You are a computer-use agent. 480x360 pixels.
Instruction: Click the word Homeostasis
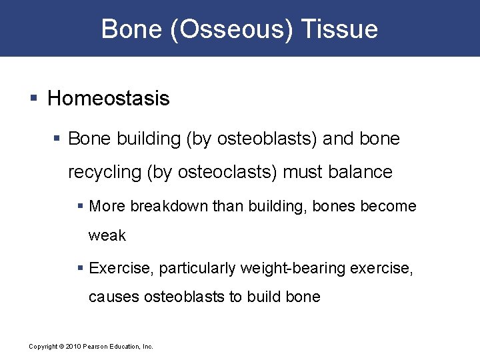point(109,99)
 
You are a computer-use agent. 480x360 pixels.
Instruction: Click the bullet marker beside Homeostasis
point(34,99)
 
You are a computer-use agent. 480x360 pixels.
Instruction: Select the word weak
point(107,236)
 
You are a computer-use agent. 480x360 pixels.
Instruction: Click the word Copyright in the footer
point(43,347)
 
